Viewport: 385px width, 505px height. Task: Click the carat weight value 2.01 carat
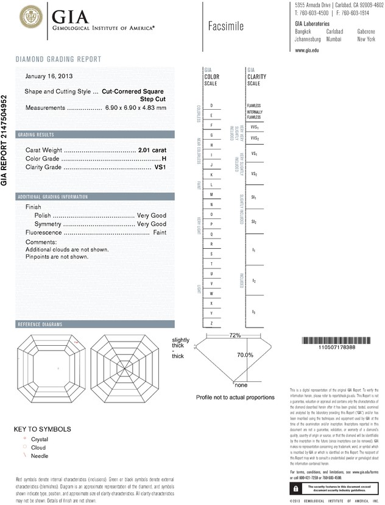coord(152,149)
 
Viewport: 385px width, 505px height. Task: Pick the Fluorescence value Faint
coord(160,233)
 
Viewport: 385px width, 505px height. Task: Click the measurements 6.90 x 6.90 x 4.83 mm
coord(135,107)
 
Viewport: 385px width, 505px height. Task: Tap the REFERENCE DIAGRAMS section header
coord(41,324)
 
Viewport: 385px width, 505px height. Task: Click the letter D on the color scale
coord(211,106)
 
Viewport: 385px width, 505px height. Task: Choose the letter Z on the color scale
coord(211,323)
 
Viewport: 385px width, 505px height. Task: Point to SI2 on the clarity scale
coord(253,222)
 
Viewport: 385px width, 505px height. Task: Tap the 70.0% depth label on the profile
coord(244,355)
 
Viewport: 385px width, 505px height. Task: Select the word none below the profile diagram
coord(241,385)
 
